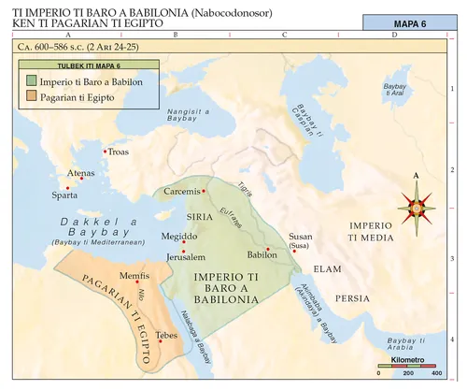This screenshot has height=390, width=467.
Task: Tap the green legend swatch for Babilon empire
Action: [x=32, y=81]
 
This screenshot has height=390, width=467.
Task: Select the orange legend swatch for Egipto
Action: [x=32, y=96]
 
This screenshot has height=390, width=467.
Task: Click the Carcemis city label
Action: [x=181, y=191]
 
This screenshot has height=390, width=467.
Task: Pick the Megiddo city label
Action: [x=153, y=236]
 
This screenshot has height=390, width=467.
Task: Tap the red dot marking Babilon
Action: [x=268, y=248]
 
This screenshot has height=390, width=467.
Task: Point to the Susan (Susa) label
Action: [x=301, y=242]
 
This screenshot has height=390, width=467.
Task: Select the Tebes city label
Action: [x=167, y=334]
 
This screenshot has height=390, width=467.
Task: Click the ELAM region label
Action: [x=324, y=268]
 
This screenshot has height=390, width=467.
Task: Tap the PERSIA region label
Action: [x=352, y=298]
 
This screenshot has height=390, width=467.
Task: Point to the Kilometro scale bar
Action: [x=408, y=366]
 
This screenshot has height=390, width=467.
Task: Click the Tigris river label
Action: [x=247, y=187]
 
